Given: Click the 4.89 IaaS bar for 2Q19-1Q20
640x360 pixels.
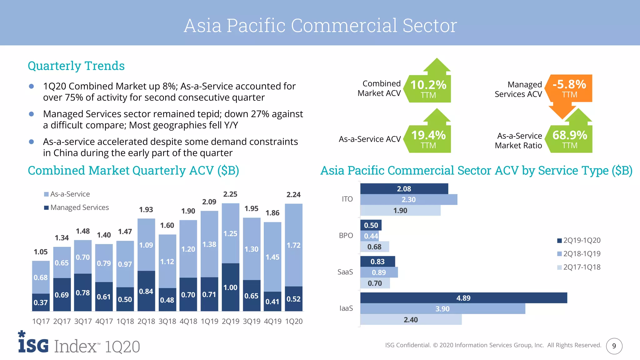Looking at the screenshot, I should coord(463,298).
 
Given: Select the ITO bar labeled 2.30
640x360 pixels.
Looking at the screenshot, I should coord(408,200).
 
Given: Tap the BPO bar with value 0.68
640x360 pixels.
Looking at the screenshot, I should coord(374,247).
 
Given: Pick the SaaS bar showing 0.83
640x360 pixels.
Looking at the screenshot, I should coord(377,262).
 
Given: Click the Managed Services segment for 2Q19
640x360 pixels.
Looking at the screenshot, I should coord(230,287).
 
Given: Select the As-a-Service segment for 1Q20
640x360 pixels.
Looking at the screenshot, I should coord(293,245).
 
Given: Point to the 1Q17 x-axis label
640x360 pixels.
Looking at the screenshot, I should coord(41,321).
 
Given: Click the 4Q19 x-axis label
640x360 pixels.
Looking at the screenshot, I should coord(272,321).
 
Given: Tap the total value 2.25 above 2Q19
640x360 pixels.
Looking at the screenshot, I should coord(230,194).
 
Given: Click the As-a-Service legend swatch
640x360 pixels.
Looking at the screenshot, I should coord(46,194).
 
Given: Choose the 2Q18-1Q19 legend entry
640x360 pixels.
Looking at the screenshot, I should coord(579,254).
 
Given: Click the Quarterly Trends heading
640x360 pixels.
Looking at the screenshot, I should coord(76,66).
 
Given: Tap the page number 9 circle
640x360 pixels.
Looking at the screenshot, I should coord(614,346).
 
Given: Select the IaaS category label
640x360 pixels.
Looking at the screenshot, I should coord(346,308).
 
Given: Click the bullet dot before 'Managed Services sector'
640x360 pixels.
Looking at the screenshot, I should coord(31,114).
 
